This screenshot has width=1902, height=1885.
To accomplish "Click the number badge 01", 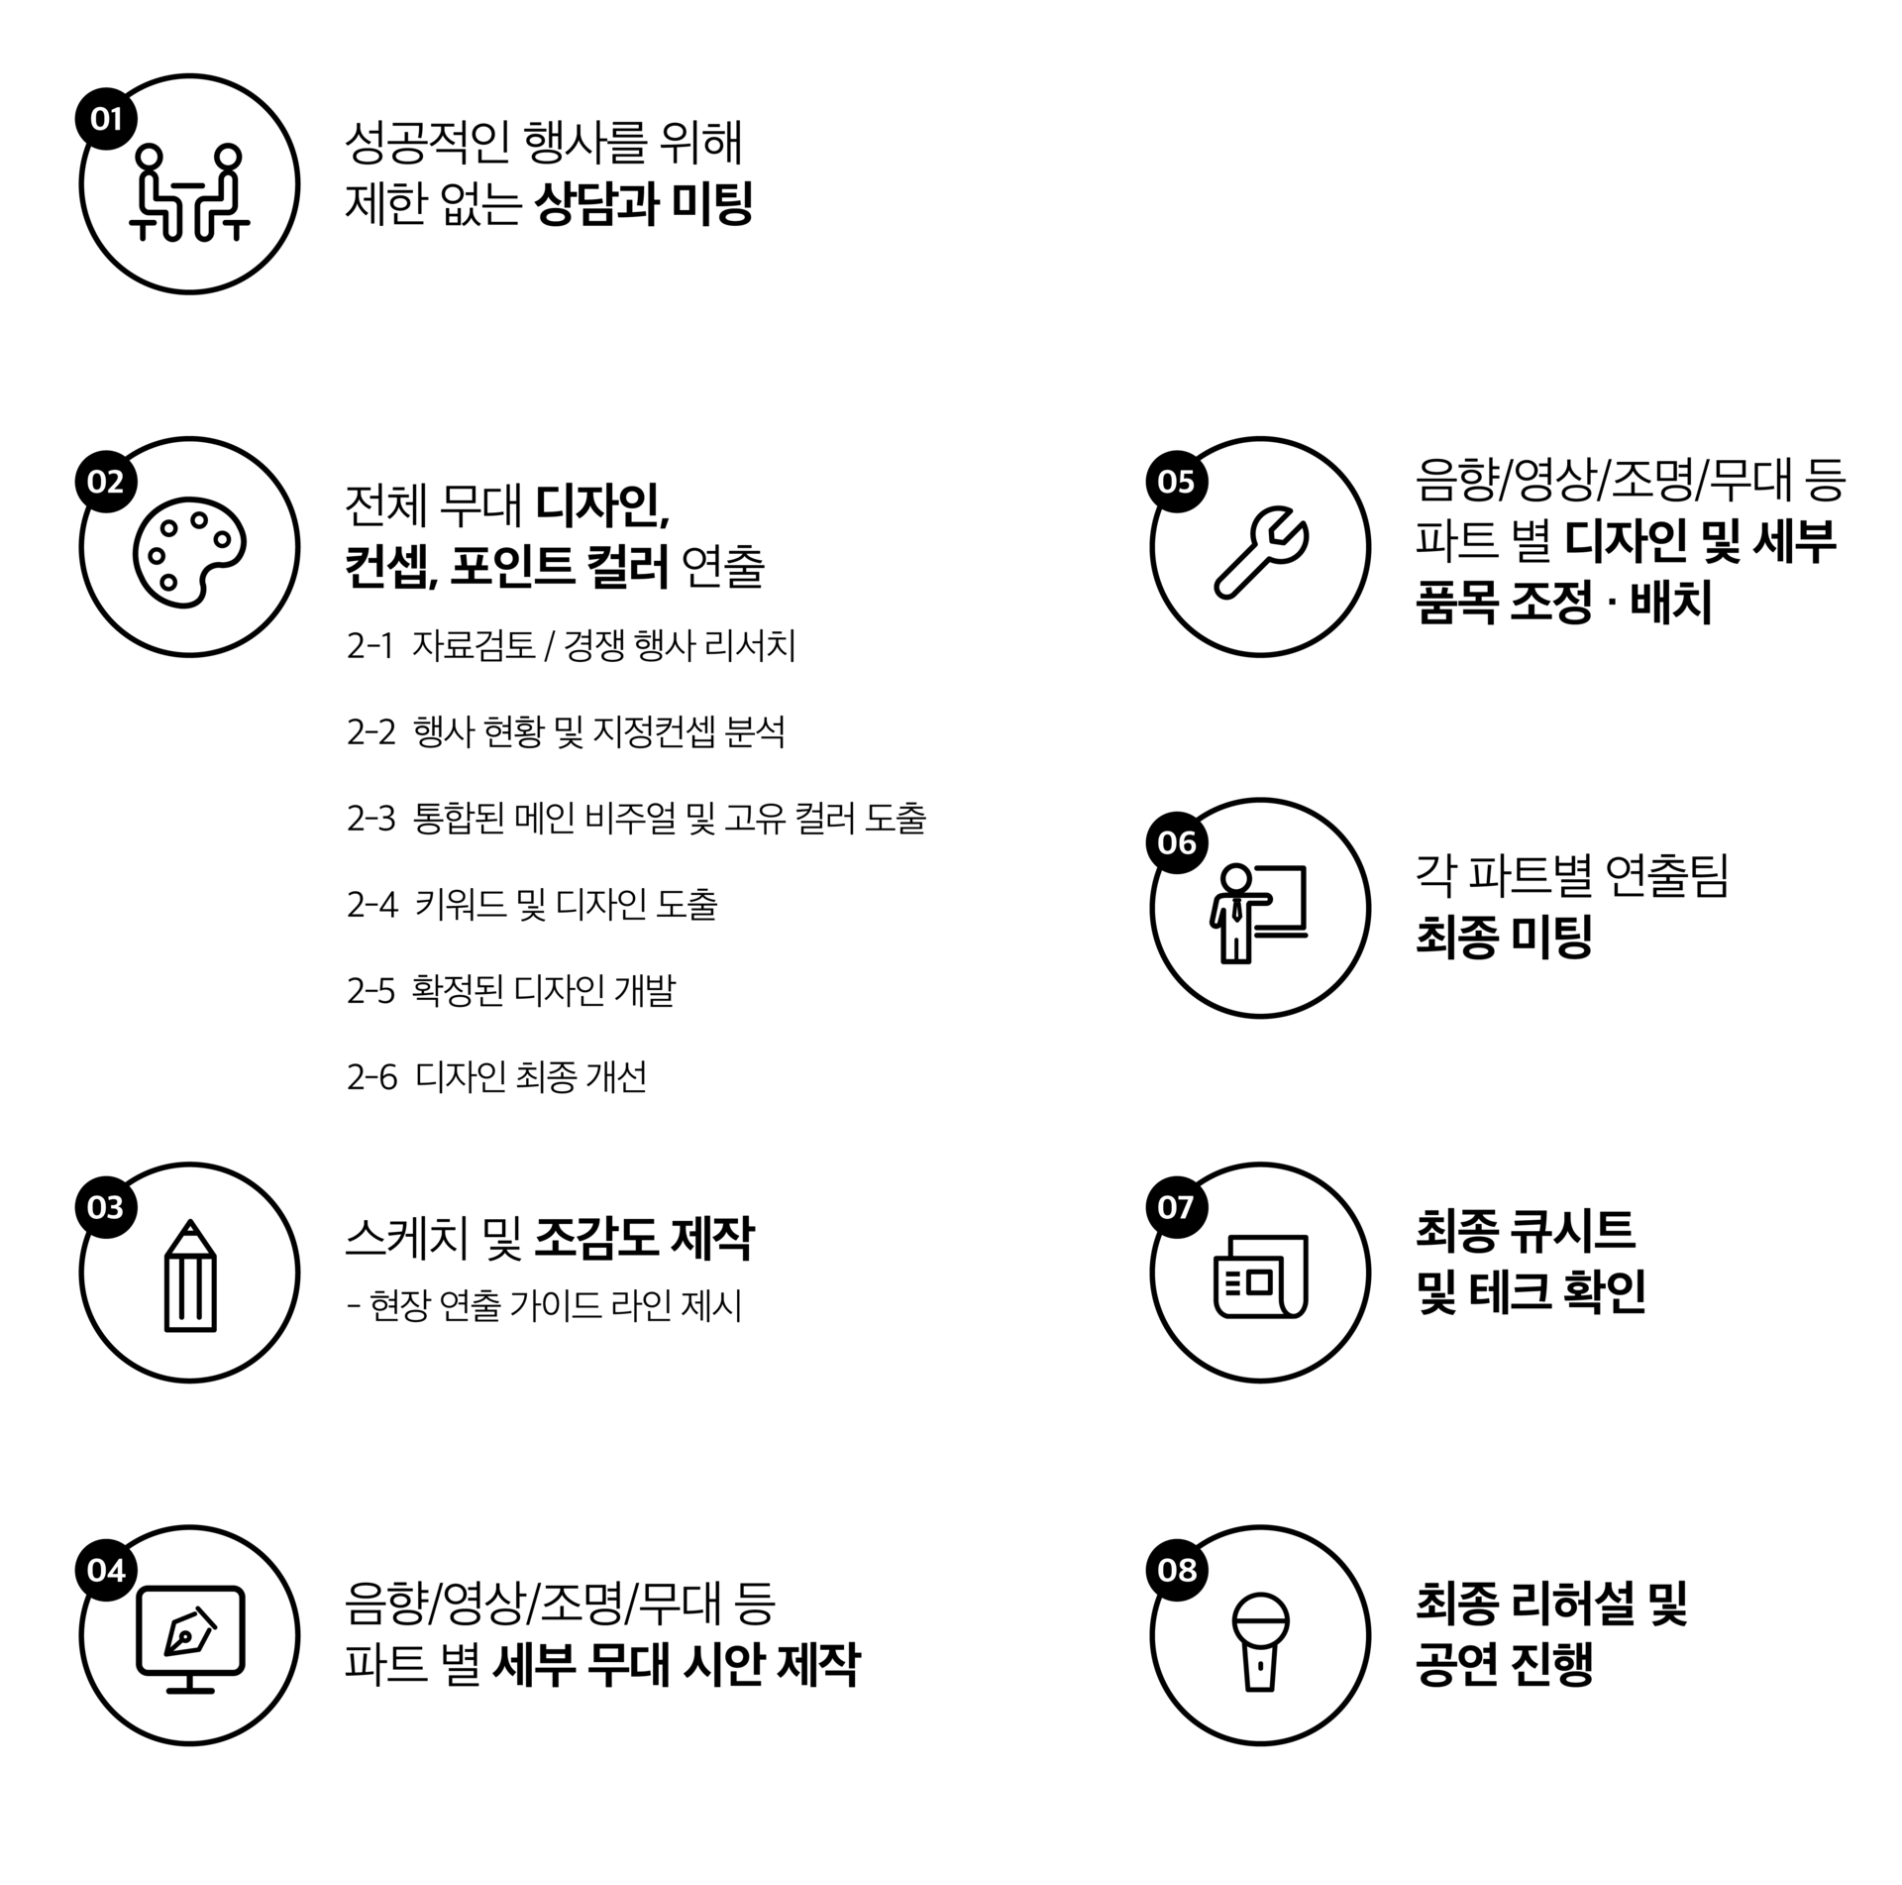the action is (x=106, y=120).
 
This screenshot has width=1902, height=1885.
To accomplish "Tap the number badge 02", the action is (x=106, y=483).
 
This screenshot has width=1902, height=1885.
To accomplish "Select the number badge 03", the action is (x=106, y=1208).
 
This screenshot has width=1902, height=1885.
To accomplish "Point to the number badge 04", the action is (x=106, y=1571).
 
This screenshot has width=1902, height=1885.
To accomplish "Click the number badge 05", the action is (x=1177, y=483).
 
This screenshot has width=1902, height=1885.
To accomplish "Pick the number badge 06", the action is (x=1177, y=843).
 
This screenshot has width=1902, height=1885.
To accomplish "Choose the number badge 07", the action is (x=1177, y=1208).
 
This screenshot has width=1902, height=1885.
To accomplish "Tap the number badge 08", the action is (x=1177, y=1571).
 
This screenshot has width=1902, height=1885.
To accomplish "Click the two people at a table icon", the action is (x=189, y=193).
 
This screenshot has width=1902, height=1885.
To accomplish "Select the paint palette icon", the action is (x=188, y=551).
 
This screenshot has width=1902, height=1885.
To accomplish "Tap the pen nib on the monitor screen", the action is (x=189, y=1632).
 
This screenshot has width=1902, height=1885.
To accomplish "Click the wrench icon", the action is (x=1260, y=553).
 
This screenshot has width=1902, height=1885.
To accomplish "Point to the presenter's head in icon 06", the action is (x=1235, y=877).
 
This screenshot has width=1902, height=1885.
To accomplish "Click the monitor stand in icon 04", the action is (x=190, y=1686).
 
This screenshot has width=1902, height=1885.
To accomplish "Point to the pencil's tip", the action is (x=190, y=1226).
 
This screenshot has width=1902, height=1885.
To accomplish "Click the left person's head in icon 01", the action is (x=149, y=157).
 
